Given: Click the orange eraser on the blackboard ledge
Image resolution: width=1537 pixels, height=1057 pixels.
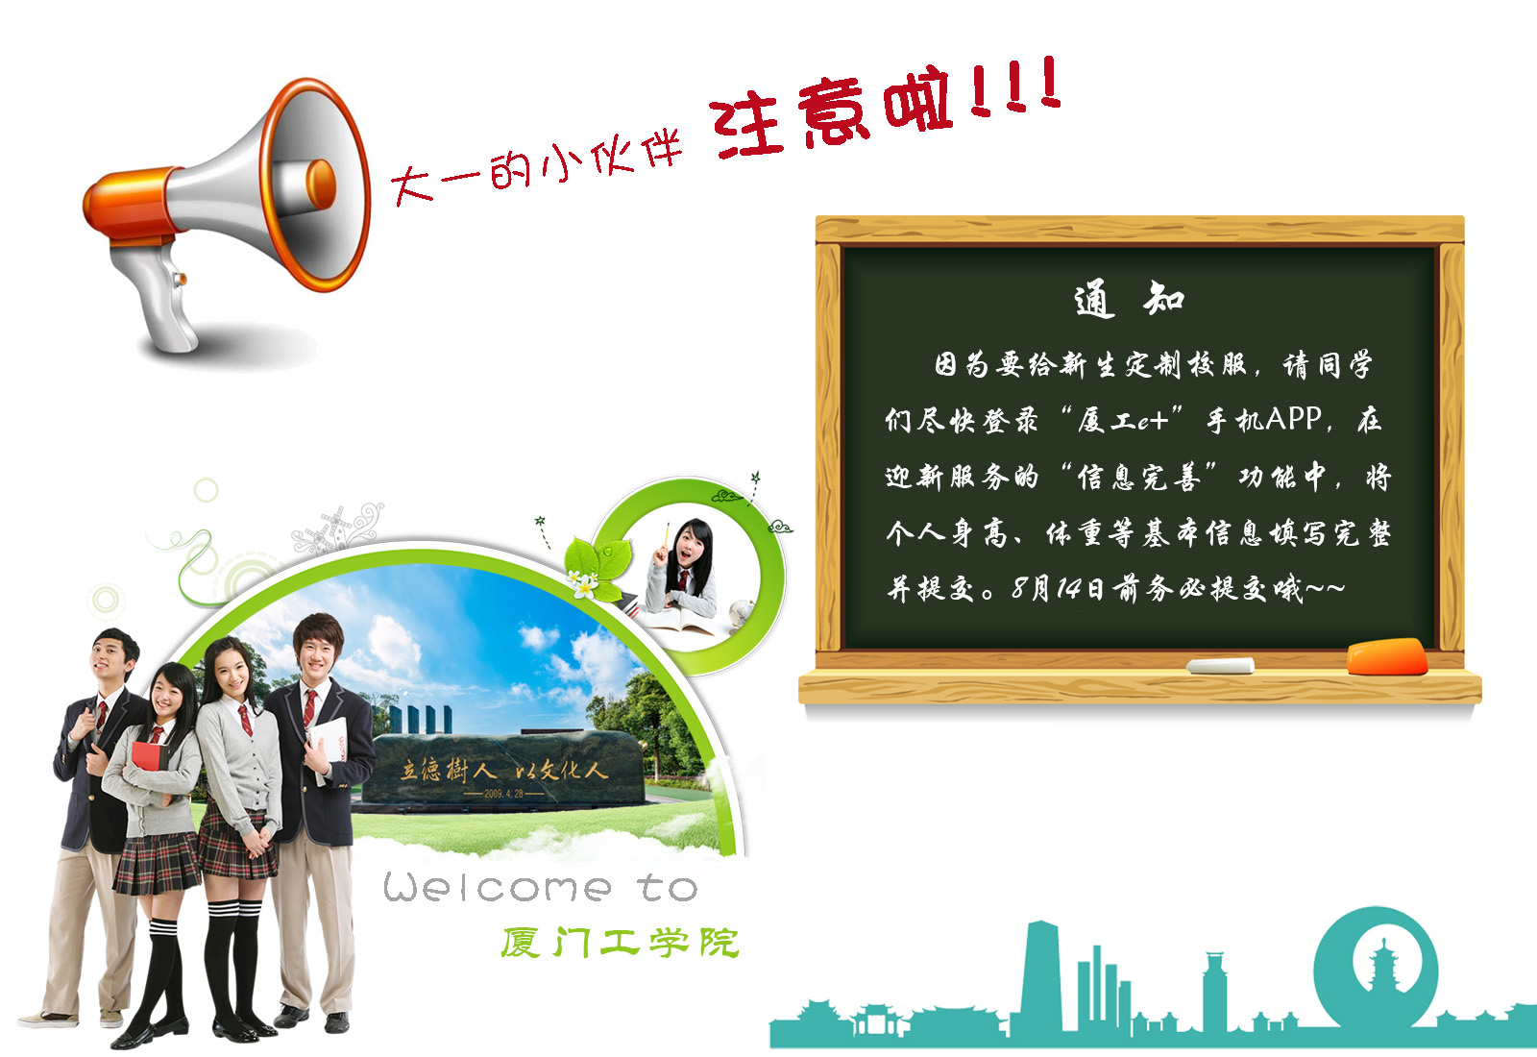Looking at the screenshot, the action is click(x=1387, y=657).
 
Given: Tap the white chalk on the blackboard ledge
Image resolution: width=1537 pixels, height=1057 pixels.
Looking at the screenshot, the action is click(x=1220, y=665).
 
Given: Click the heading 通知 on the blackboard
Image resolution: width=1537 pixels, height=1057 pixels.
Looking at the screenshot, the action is click(x=1129, y=299).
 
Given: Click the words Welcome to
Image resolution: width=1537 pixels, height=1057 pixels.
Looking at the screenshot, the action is click(x=540, y=887).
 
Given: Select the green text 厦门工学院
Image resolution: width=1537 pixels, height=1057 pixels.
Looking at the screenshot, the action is click(x=621, y=943).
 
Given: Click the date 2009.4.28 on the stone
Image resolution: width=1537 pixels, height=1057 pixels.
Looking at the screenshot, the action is click(x=503, y=794).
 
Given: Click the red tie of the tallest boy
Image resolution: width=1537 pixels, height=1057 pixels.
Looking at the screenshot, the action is click(x=309, y=708).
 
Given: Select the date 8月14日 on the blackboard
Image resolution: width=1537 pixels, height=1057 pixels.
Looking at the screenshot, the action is click(x=1058, y=588).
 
